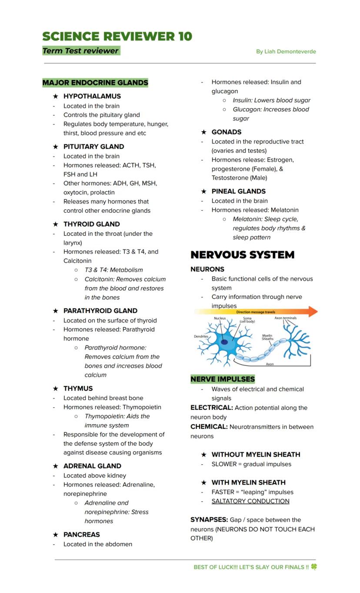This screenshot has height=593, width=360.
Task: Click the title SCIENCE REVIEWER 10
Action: point(117,37)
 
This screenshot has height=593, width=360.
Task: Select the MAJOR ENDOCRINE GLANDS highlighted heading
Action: point(95,83)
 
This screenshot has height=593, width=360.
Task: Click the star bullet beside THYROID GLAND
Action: point(55,224)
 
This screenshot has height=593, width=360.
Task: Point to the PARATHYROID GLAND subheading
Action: point(100,311)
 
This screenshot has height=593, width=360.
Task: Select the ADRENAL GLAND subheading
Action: point(92,466)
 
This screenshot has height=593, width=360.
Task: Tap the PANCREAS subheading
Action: point(82,535)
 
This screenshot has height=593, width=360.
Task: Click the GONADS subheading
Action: point(227,132)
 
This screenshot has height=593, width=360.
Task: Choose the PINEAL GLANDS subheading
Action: point(238,191)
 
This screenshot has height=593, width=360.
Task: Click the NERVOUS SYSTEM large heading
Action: point(243,255)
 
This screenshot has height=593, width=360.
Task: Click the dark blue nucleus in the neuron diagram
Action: point(224,342)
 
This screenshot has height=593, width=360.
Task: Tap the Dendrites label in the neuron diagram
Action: point(201,336)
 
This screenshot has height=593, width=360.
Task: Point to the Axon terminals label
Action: point(285,318)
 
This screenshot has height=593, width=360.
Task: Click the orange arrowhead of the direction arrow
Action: point(313,312)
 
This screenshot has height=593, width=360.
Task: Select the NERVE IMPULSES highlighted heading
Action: point(223,379)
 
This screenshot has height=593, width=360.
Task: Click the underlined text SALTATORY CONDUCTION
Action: point(250,501)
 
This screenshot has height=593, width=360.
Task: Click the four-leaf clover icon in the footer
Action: point(313,567)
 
